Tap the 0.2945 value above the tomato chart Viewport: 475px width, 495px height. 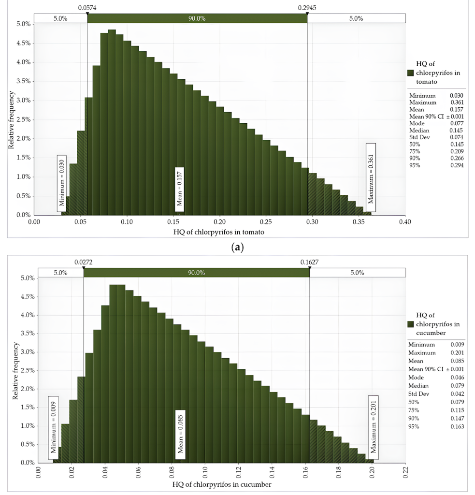[x=307, y=8]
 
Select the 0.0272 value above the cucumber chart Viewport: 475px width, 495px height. [x=83, y=262]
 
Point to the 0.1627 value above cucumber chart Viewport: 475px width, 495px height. [x=310, y=262]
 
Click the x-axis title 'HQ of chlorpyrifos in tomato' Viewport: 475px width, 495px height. [x=218, y=232]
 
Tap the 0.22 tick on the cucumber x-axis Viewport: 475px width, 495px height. [x=405, y=472]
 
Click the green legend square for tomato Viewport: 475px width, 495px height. [x=411, y=73]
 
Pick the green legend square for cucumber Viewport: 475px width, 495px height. [x=411, y=324]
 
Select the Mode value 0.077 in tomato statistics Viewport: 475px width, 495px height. [x=457, y=123]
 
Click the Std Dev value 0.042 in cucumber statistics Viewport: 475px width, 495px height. [x=457, y=394]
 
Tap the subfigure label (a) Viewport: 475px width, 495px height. [x=238, y=247]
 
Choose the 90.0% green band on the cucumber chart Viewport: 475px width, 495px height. [x=196, y=273]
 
